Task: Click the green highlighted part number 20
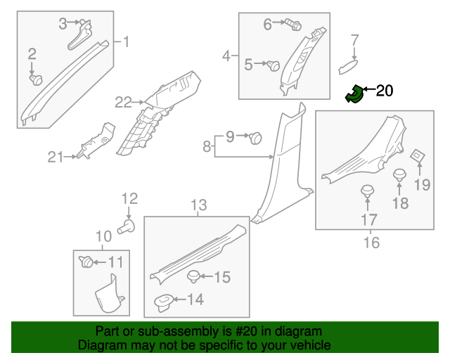pyautogui.click(x=354, y=94)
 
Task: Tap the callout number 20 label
pyautogui.click(x=385, y=90)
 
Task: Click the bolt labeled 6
pyautogui.click(x=294, y=25)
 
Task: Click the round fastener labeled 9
pyautogui.click(x=256, y=137)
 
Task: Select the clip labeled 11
pyautogui.click(x=87, y=262)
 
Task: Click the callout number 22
pyautogui.click(x=124, y=103)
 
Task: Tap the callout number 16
pyautogui.click(x=371, y=243)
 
